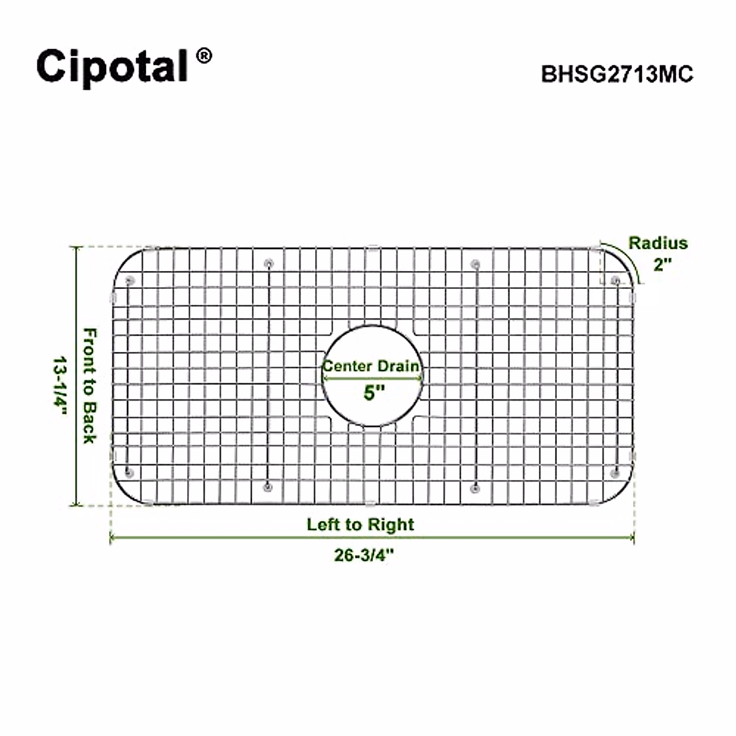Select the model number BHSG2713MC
click(617, 74)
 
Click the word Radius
click(658, 243)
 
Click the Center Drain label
click(372, 366)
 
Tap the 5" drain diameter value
click(373, 393)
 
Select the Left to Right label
click(361, 525)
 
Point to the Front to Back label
click(90, 386)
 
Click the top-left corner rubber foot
click(129, 281)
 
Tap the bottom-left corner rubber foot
click(129, 472)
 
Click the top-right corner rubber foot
click(615, 281)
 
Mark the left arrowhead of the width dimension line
click(112, 539)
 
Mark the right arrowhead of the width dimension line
click(632, 539)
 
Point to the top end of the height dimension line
click(77, 248)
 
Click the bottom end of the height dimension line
click(77, 505)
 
